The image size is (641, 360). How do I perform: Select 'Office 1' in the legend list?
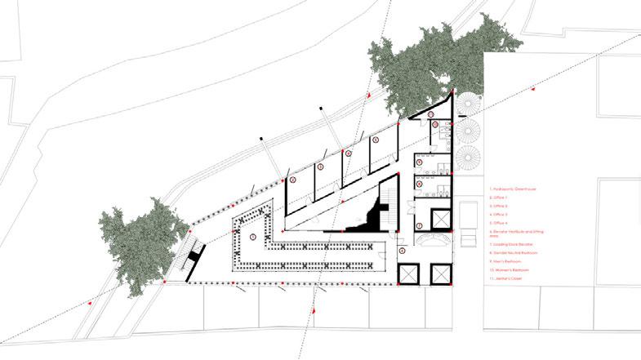(498, 198)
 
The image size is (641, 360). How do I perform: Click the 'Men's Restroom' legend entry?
(502, 261)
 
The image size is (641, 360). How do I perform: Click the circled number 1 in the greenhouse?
(254, 237)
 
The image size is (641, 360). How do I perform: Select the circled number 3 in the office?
(321, 167)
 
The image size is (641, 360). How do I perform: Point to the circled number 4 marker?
(348, 153)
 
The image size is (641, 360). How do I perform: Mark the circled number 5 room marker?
(376, 140)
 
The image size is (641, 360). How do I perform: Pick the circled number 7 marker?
(420, 225)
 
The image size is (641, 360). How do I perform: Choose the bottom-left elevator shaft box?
(409, 274)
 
